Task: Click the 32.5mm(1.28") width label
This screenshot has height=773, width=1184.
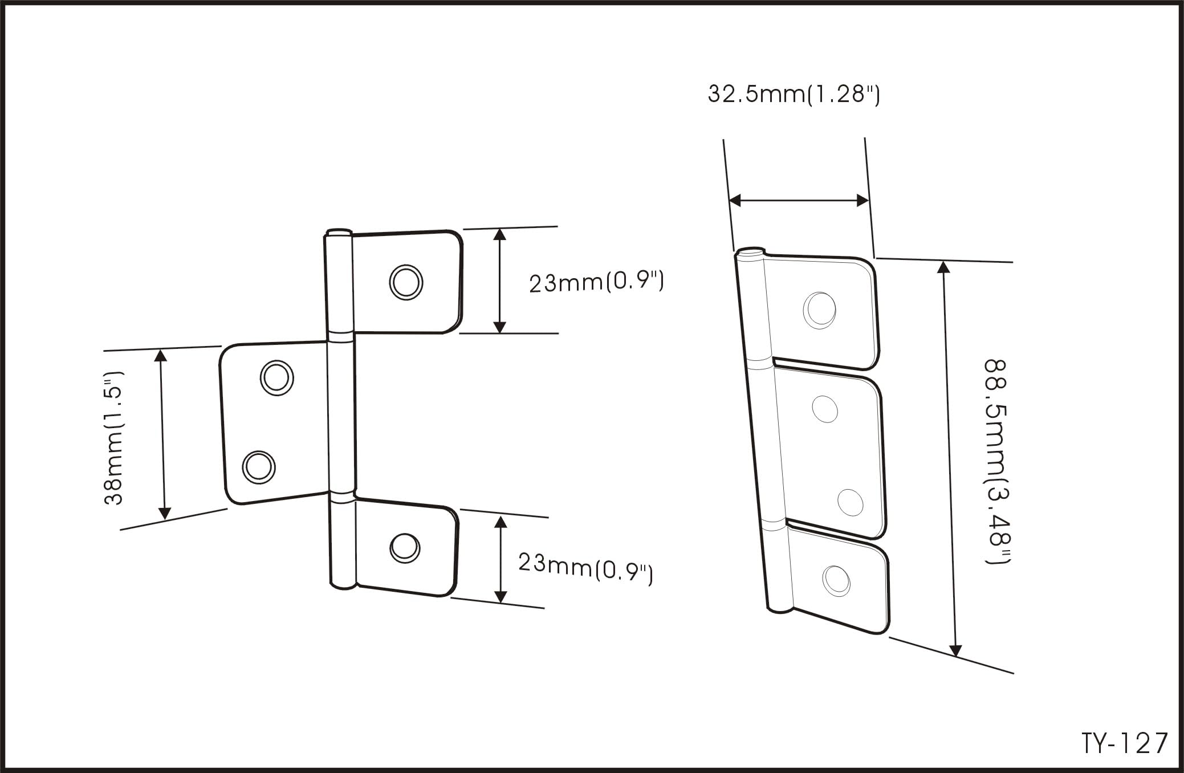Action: point(794,94)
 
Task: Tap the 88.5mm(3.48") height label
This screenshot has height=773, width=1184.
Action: point(997,462)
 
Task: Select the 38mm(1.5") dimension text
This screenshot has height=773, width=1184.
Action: point(113,438)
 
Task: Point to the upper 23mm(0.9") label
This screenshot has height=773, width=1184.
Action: point(596,282)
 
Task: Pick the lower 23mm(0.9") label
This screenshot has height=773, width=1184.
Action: point(585,568)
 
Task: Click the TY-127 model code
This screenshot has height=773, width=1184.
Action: point(1125,743)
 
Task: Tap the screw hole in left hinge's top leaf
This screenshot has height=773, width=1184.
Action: point(406,282)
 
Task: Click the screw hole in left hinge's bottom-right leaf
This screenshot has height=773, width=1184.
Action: point(405,548)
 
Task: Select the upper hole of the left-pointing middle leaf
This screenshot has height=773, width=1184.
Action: point(277,377)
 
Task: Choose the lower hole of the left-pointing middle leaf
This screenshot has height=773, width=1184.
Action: point(259,467)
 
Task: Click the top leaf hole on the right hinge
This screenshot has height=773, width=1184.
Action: point(820,311)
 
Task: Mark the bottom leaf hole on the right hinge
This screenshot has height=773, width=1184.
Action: point(836,581)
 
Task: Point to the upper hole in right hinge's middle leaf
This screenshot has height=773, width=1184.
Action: point(825,409)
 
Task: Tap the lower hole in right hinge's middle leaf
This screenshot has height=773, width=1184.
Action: point(851,502)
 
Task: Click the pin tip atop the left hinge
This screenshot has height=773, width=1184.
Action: point(339,232)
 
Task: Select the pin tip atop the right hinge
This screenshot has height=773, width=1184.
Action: point(750,252)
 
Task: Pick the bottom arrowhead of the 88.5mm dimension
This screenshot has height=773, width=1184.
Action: point(956,650)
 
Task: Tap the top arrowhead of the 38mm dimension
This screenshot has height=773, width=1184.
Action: point(161,356)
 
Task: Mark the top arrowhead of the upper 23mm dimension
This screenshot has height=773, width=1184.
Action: point(500,234)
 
